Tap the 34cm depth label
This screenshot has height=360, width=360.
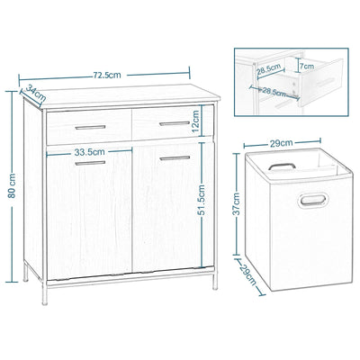(35, 91)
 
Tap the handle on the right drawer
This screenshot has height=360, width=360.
(167, 122)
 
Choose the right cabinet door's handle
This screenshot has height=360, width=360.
(171, 159)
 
